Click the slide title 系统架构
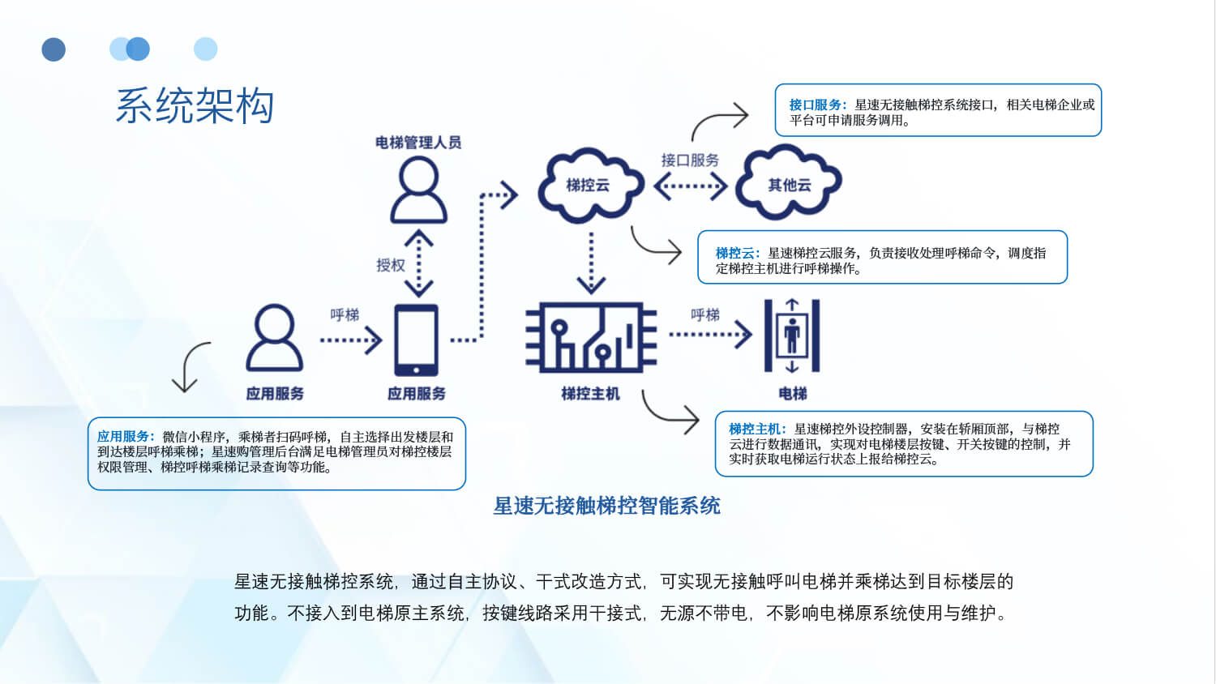pos(195,106)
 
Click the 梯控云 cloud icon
pos(589,185)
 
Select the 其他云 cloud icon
pos(789,184)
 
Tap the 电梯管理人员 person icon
pos(418,190)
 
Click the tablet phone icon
pos(416,340)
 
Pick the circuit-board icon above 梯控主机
pos(590,337)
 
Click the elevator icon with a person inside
pos(792,336)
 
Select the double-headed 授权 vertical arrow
pos(418,263)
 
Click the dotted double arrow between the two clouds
pos(690,187)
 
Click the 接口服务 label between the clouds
pos(690,160)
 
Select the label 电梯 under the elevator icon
pos(792,394)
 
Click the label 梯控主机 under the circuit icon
pos(590,394)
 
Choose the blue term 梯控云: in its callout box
pos(738,253)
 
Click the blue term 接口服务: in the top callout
pos(818,105)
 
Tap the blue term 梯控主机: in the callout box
pos(757,429)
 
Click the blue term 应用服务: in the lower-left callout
pos(126,436)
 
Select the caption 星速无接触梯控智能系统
pos(606,506)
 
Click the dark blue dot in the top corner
pos(54,49)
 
